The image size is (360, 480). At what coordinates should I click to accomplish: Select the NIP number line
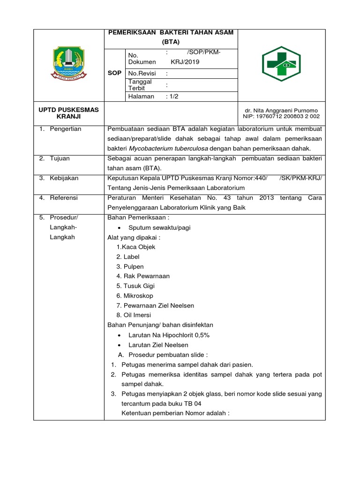[x=281, y=116]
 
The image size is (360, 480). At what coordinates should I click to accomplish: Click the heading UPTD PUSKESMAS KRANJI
[x=68, y=113]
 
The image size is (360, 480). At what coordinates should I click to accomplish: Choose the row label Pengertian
[x=65, y=129]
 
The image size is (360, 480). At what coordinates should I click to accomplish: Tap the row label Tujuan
[x=60, y=158]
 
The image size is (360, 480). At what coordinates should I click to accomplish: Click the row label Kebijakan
[x=64, y=178]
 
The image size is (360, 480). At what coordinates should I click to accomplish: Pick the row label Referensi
[x=64, y=198]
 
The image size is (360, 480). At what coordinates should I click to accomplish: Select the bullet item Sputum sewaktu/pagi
[x=156, y=228]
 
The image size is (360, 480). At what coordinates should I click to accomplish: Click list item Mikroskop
[x=138, y=296]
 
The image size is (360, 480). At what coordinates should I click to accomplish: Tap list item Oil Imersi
[x=136, y=315]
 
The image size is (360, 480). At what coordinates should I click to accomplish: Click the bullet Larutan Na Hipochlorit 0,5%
[x=165, y=335]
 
